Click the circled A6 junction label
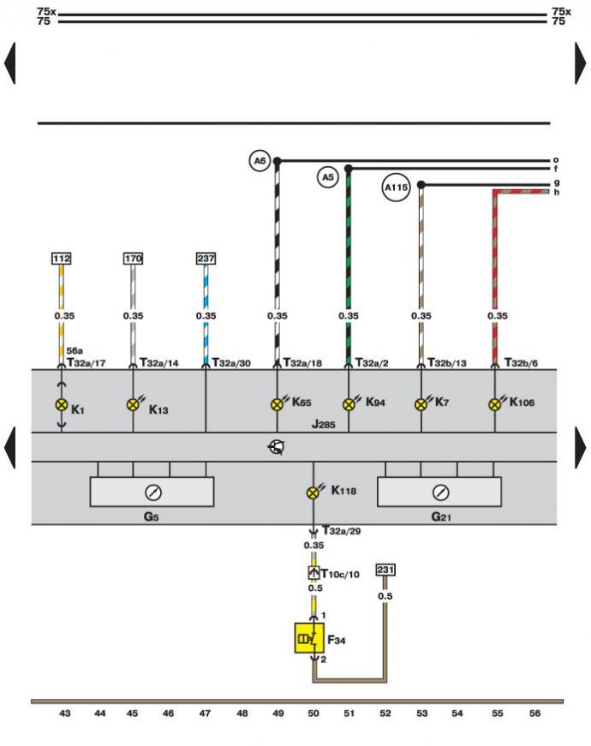[260, 161]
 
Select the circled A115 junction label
[397, 188]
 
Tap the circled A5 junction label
[328, 177]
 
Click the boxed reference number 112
[62, 259]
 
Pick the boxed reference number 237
[206, 259]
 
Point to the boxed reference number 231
[385, 570]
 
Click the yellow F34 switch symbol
[309, 638]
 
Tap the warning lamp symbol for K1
[62, 405]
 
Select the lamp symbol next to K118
[313, 492]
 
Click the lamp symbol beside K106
[495, 404]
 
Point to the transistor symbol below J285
[277, 447]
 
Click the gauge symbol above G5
[153, 492]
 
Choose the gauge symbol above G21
[440, 492]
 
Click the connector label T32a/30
[231, 363]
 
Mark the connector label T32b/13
[447, 363]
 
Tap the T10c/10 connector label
[340, 574]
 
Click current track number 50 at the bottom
[313, 713]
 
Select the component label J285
[324, 424]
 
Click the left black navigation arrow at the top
[10, 63]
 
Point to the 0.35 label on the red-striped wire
[498, 316]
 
